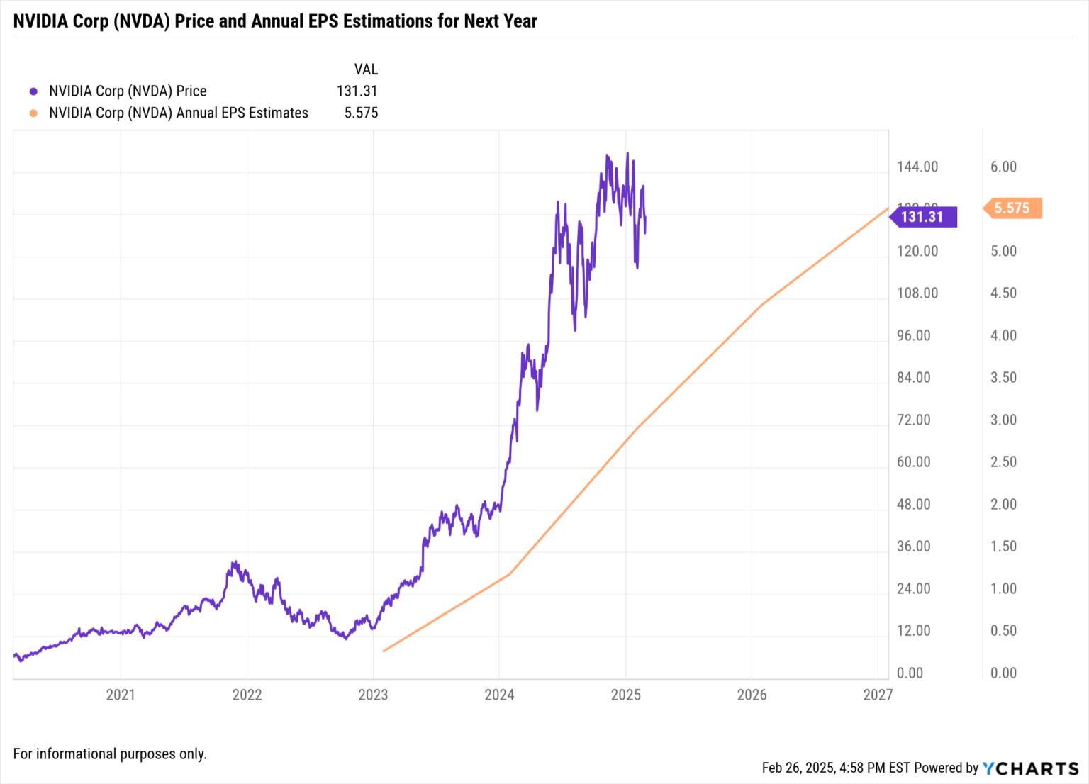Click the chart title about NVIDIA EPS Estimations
pyautogui.click(x=275, y=21)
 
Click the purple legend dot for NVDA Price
pyautogui.click(x=33, y=91)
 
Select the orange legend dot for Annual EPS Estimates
pyautogui.click(x=33, y=113)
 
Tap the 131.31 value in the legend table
pyautogui.click(x=357, y=91)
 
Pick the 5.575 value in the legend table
pyautogui.click(x=361, y=113)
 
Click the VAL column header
pyautogui.click(x=366, y=69)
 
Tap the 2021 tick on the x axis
pyautogui.click(x=121, y=695)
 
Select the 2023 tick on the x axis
pyautogui.click(x=373, y=695)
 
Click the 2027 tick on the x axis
pyautogui.click(x=878, y=695)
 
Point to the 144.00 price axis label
pyautogui.click(x=917, y=167)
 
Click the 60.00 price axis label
pyautogui.click(x=913, y=462)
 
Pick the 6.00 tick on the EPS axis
pyautogui.click(x=1003, y=167)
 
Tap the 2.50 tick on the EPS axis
pyautogui.click(x=1003, y=462)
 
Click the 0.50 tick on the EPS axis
pyautogui.click(x=1003, y=631)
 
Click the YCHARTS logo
pyautogui.click(x=1030, y=768)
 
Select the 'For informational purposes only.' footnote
pyautogui.click(x=110, y=754)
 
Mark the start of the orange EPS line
pyautogui.click(x=384, y=651)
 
